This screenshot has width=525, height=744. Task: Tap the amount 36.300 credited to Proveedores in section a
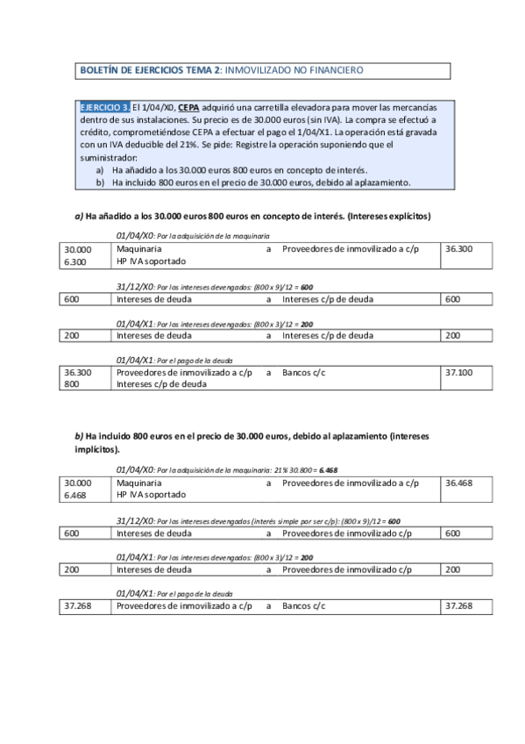tap(459, 249)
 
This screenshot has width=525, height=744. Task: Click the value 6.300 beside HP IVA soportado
tap(76, 261)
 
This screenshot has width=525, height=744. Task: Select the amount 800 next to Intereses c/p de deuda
tap(70, 384)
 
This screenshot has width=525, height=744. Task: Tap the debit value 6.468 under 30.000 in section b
tap(76, 495)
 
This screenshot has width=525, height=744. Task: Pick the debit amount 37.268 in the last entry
tap(78, 605)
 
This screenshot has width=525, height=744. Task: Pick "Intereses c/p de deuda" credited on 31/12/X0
tap(328, 299)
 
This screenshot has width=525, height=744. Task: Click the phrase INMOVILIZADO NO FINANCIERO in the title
tap(301, 69)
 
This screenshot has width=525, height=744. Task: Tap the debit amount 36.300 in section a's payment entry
tap(78, 372)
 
